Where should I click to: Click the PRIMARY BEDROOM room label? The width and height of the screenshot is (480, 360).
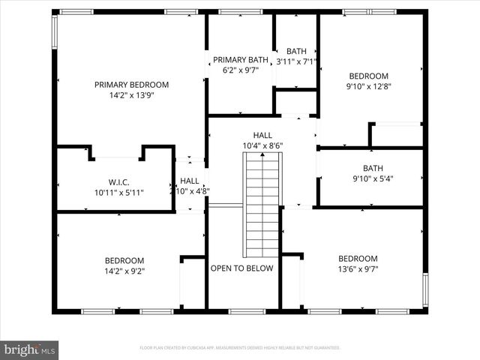(x=131, y=85)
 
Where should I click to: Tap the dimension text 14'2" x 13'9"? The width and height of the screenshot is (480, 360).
(x=131, y=96)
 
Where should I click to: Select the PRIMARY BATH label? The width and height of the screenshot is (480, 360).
(x=240, y=59)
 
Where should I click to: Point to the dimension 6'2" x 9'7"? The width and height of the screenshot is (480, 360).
(x=240, y=70)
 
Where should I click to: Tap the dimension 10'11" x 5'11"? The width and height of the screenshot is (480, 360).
(x=118, y=193)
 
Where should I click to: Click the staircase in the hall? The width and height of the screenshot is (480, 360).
(x=262, y=202)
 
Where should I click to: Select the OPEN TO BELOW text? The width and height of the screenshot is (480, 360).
(x=241, y=268)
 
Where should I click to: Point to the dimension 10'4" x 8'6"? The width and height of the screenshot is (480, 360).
(x=262, y=145)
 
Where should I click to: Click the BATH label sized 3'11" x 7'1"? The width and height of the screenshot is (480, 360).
(x=296, y=51)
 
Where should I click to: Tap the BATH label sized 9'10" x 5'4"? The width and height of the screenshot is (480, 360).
(x=372, y=168)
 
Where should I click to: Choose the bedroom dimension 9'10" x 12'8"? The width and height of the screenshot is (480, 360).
(x=368, y=86)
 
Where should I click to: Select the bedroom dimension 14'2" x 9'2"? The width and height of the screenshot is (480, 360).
(x=124, y=271)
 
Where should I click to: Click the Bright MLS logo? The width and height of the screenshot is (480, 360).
(x=30, y=349)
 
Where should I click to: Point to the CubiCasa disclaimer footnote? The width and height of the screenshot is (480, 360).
(x=240, y=348)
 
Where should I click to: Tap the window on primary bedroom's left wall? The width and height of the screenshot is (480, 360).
(x=54, y=33)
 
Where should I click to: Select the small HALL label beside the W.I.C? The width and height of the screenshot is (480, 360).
(x=190, y=181)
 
